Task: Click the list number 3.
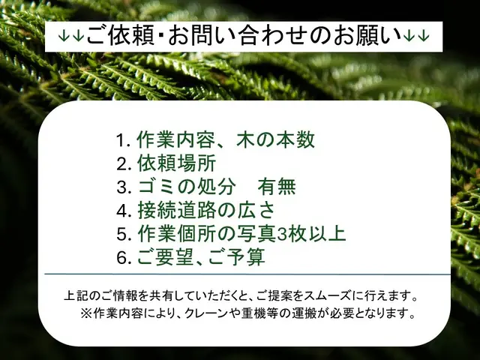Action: point(121,187)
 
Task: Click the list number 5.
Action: point(121,234)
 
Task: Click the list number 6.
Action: point(121,258)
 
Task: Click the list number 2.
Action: point(121,163)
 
